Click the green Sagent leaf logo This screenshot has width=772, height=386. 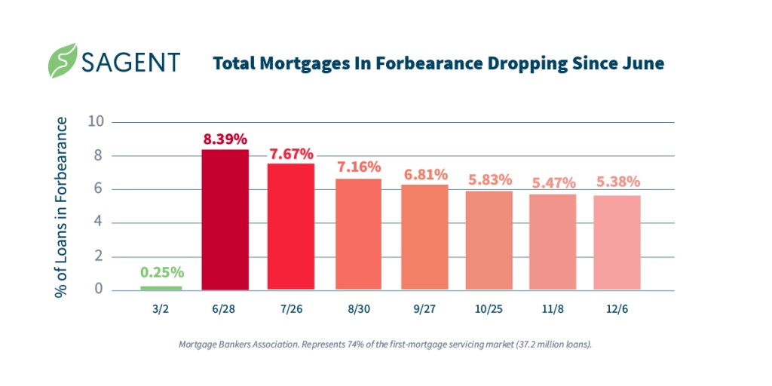tap(63, 61)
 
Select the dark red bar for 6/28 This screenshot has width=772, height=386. tap(225, 219)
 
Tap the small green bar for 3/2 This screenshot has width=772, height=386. tap(161, 287)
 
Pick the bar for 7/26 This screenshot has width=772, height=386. tap(291, 226)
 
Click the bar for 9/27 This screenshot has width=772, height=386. tap(424, 237)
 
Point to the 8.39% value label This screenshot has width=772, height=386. tap(225, 139)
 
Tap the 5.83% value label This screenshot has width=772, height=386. tap(489, 180)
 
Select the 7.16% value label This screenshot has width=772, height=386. tap(358, 167)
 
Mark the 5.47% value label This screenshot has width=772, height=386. tap(553, 182)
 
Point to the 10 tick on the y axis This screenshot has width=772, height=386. tap(96, 122)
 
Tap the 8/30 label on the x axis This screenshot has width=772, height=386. tap(358, 309)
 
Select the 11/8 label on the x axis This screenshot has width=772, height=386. tap(553, 309)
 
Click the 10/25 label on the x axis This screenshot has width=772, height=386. tap(489, 309)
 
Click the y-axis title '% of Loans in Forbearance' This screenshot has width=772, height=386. tap(62, 207)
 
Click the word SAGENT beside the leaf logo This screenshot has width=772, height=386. tap(133, 62)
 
